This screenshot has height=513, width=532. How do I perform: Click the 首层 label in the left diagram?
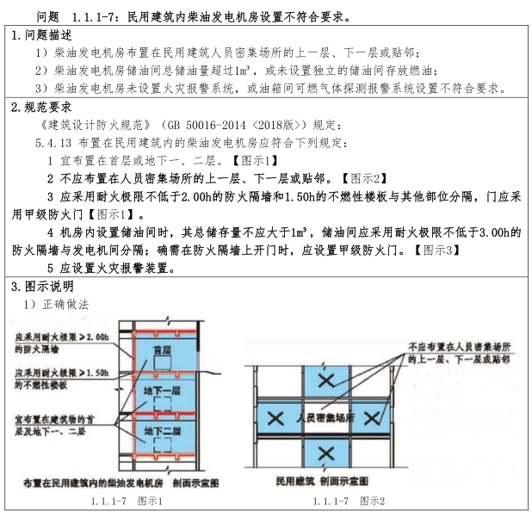pyautogui.click(x=158, y=350)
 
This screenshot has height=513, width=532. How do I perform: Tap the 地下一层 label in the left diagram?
pyautogui.click(x=158, y=390)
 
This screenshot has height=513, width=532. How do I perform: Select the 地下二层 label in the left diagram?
pyautogui.click(x=158, y=430)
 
